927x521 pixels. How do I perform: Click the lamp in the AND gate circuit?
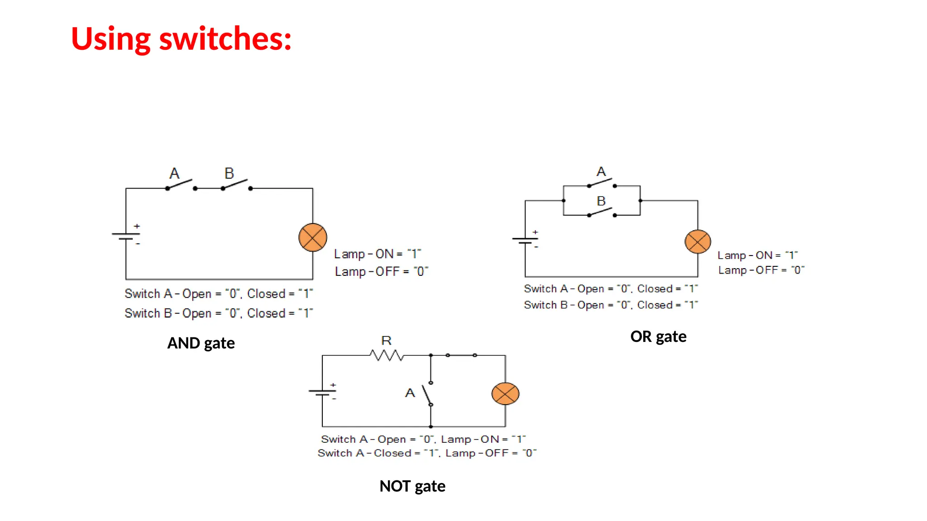point(313,237)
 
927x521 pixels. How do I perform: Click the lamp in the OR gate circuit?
point(698,242)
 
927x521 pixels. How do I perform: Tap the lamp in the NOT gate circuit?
point(505,393)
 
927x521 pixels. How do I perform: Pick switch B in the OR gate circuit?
point(602,212)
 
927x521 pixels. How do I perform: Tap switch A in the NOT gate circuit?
point(427,394)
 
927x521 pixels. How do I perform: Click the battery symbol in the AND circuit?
point(126,236)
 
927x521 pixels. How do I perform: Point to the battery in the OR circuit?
point(525,241)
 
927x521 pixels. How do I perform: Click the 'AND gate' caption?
point(201,343)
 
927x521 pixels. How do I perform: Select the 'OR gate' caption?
point(658,337)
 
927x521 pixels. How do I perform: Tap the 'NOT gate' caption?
point(412,486)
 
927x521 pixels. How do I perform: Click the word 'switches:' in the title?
point(225,39)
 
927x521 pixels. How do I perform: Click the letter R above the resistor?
point(386,341)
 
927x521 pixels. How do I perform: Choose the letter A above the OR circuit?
point(601,172)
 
